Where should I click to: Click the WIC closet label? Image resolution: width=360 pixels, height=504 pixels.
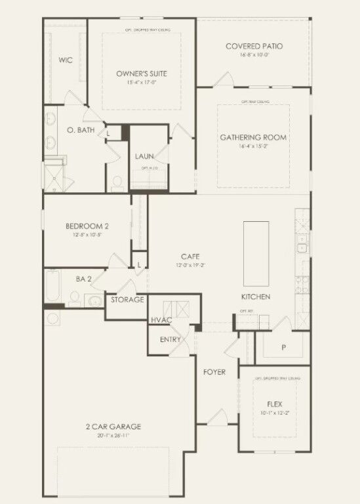(65, 60)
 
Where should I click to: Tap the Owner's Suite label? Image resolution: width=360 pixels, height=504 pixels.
(142, 74)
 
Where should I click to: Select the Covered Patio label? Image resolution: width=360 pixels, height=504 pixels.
(254, 46)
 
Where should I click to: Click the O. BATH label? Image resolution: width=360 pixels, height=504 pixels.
(81, 130)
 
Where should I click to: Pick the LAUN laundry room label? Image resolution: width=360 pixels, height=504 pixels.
(144, 156)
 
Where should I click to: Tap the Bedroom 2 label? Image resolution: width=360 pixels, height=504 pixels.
(87, 226)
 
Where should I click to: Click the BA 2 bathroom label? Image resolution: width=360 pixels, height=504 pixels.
(83, 279)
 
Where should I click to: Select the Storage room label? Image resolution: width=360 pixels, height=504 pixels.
(127, 299)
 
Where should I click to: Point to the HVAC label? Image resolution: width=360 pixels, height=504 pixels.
(161, 320)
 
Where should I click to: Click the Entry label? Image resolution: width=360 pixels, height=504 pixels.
(170, 339)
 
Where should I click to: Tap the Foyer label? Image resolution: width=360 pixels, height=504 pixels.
(214, 372)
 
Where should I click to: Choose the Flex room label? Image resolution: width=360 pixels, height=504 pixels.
(274, 404)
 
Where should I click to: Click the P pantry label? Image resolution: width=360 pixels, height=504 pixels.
(283, 347)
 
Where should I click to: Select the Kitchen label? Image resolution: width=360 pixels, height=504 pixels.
(256, 297)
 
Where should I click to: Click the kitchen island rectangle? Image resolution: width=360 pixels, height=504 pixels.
(256, 250)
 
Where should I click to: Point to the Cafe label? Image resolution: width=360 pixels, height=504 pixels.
(190, 257)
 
